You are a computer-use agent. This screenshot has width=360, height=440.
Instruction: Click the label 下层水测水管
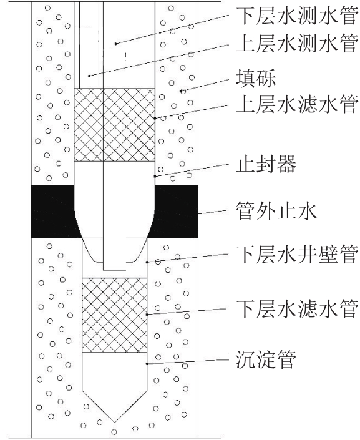point(298,16)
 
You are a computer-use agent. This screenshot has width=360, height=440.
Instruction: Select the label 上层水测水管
point(298,44)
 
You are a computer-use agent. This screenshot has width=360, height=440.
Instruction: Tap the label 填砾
point(256,78)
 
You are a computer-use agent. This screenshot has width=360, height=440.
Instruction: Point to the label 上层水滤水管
point(298,104)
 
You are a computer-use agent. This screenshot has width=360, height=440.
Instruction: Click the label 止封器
point(266,164)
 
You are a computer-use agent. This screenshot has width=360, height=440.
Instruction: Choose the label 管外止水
point(276,210)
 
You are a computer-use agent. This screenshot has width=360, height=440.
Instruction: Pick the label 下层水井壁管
point(298,254)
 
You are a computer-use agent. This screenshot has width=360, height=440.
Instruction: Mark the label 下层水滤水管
point(298,309)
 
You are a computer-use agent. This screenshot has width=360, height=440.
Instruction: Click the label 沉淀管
point(266,359)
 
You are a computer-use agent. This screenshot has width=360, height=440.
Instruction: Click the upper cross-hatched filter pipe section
point(114,125)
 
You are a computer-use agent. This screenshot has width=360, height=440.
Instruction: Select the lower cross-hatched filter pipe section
point(114,315)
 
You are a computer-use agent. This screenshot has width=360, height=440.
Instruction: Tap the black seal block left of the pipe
point(55,212)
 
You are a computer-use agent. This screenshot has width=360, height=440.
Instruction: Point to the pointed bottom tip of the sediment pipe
point(114,422)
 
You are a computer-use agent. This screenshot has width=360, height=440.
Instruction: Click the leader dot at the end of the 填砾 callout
point(183,91)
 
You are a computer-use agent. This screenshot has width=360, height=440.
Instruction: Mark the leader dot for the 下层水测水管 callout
point(115,44)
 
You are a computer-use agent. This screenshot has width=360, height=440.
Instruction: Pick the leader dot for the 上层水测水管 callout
point(89,76)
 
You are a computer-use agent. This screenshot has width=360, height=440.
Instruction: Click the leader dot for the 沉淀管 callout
point(147,364)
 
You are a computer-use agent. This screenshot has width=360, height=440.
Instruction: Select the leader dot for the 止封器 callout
point(155,177)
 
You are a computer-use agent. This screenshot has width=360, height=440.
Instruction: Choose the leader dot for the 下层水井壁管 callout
point(147,262)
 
